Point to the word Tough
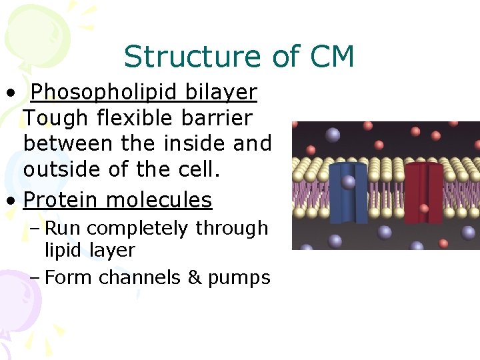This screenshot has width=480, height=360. tap(55, 119)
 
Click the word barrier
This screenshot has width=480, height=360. tap(221, 119)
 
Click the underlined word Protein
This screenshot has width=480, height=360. tap(61, 199)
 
